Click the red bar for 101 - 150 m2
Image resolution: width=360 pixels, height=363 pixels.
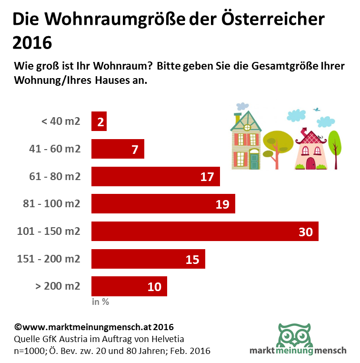pos(205,232)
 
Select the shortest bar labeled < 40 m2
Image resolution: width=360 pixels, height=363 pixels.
pos(99,121)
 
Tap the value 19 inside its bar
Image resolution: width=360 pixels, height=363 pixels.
pos(222,204)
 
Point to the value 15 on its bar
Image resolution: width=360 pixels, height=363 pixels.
pos(192,260)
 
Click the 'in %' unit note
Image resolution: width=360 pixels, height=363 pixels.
pos(100,302)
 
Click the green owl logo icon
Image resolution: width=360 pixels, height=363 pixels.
pos(295,335)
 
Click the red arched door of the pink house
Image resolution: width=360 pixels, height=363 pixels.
pos(310,163)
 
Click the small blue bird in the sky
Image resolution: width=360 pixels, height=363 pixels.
pos(316,110)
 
